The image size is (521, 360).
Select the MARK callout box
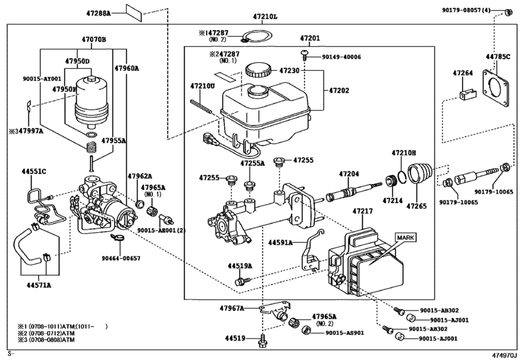(x=406, y=237)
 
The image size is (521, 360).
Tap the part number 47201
(x=310, y=39)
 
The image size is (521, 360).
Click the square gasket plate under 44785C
(x=497, y=88)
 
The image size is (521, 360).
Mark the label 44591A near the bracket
(x=281, y=242)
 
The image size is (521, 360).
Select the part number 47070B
(x=94, y=39)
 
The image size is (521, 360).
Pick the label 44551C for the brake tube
(x=33, y=172)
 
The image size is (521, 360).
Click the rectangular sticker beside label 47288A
(x=136, y=12)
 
